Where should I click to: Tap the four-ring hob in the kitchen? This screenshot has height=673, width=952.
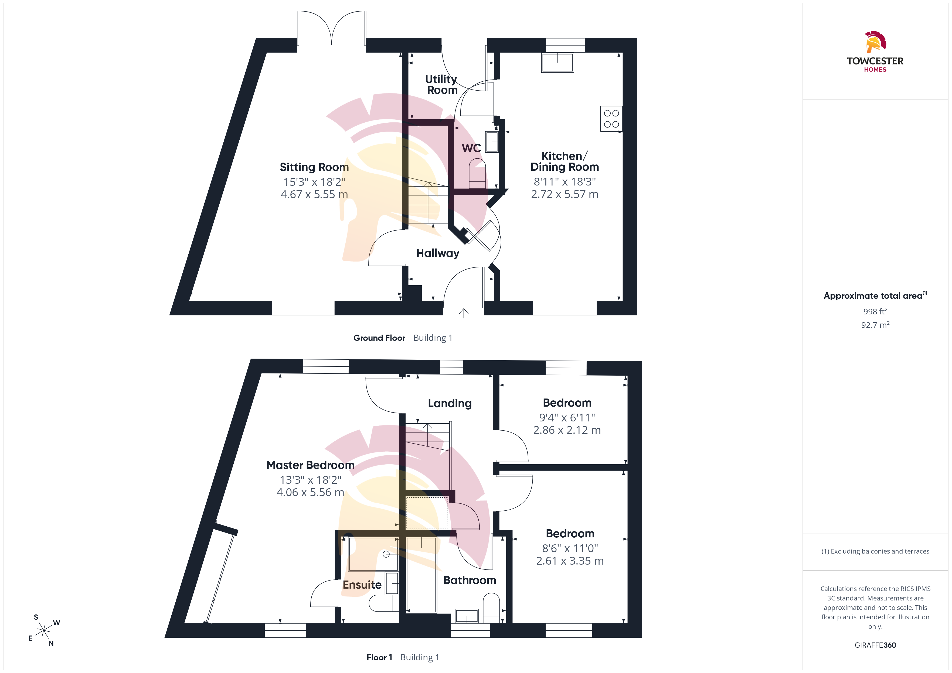[x=611, y=119]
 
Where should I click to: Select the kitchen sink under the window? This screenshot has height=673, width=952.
[x=558, y=63]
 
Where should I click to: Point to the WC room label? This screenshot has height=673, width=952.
[x=471, y=148]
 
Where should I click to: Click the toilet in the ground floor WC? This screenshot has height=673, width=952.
[x=477, y=174]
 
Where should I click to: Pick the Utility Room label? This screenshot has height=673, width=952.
[x=441, y=85]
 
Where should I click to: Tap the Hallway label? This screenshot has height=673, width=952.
[x=438, y=253]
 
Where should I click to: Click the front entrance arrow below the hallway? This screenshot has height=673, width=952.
[x=464, y=313]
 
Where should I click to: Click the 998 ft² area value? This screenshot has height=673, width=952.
[x=875, y=311]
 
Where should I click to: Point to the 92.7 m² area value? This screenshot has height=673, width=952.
[x=875, y=325]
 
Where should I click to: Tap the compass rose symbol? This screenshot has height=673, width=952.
[x=43, y=630]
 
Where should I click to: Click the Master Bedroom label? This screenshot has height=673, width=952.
[x=310, y=465]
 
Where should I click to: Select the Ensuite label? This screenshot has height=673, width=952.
[x=362, y=585]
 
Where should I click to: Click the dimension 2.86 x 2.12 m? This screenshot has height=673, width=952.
[x=567, y=430]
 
